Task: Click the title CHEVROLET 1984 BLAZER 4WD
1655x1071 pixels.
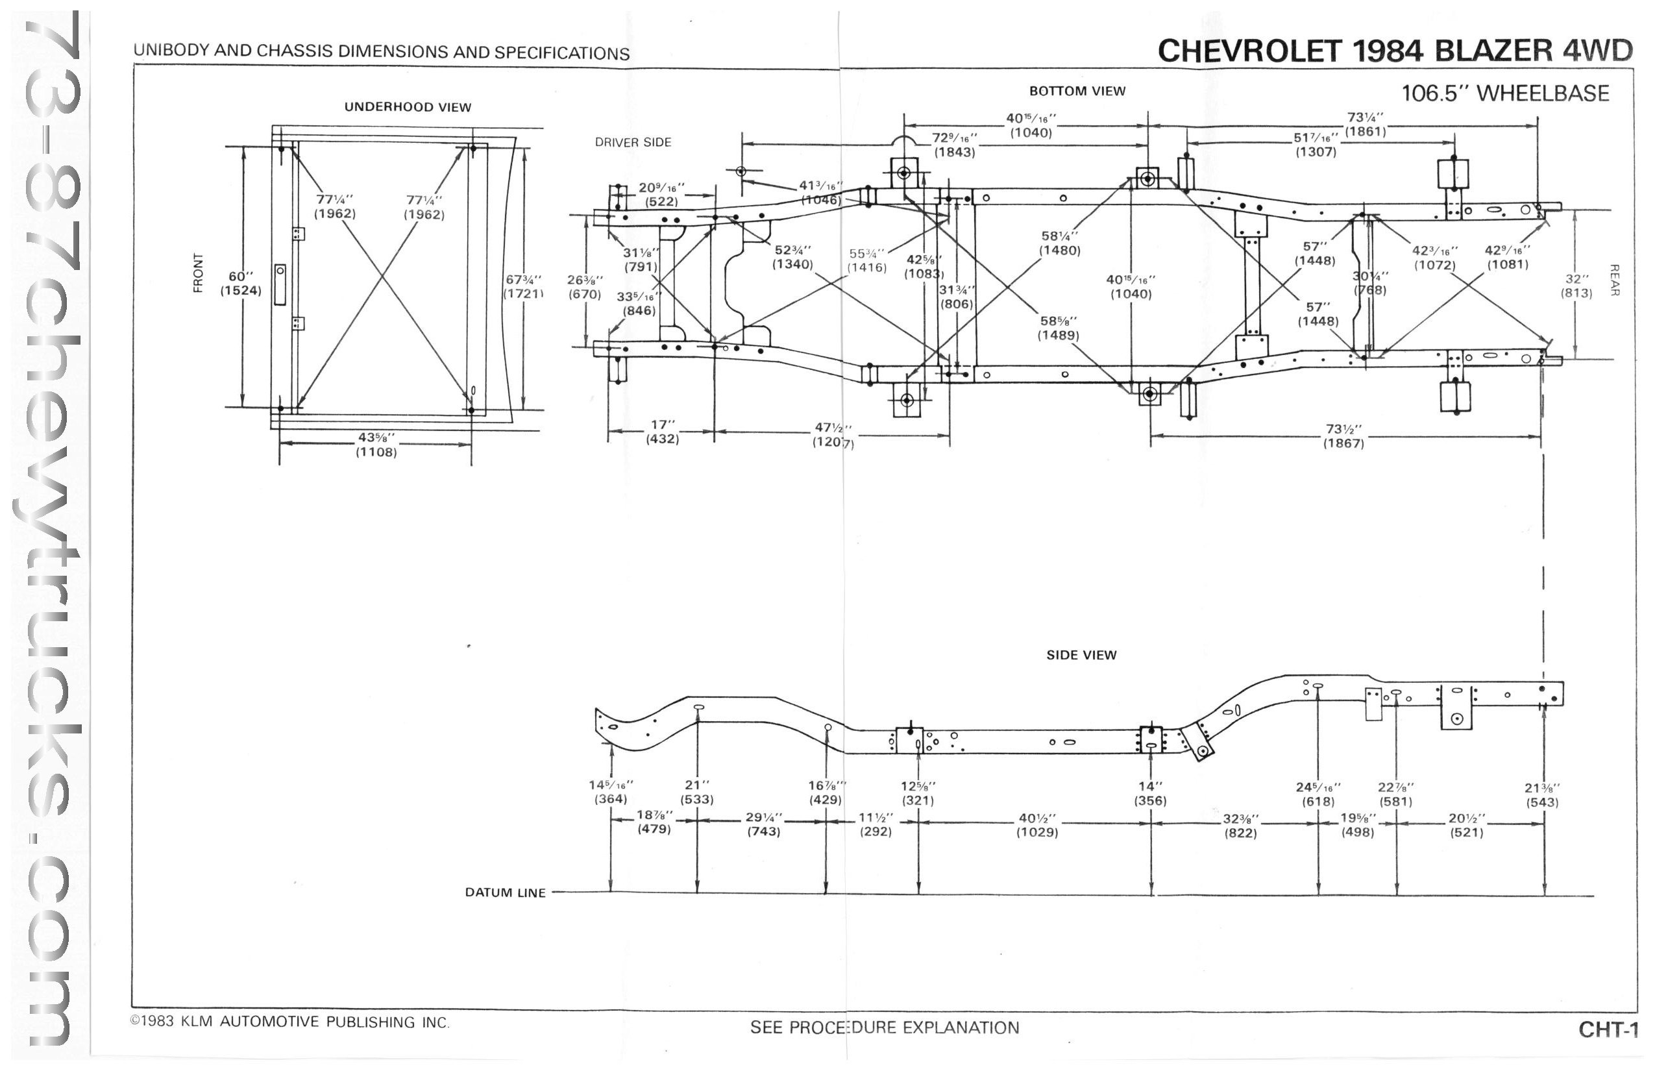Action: click(x=1394, y=51)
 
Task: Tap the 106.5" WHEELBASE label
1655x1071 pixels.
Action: click(x=1505, y=93)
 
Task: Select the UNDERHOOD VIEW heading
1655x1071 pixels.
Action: click(x=408, y=107)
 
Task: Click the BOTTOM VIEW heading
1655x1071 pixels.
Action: click(x=1077, y=91)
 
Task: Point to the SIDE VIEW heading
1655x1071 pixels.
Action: click(x=1081, y=655)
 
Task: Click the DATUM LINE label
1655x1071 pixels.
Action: click(x=505, y=893)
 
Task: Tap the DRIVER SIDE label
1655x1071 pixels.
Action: click(x=633, y=143)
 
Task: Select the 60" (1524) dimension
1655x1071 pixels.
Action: click(x=241, y=284)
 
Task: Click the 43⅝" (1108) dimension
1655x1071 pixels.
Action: click(x=376, y=445)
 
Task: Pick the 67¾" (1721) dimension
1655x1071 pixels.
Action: click(x=523, y=286)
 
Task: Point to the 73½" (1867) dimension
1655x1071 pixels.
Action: click(x=1343, y=436)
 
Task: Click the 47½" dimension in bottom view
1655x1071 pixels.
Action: click(x=833, y=435)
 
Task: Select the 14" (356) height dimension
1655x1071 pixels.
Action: click(x=1150, y=793)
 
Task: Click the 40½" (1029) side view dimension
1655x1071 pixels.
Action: click(x=1037, y=826)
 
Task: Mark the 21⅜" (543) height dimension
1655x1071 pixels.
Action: click(x=1542, y=795)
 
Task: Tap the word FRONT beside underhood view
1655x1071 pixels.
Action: click(x=199, y=273)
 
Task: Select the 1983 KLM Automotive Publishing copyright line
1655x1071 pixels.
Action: click(x=290, y=1022)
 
